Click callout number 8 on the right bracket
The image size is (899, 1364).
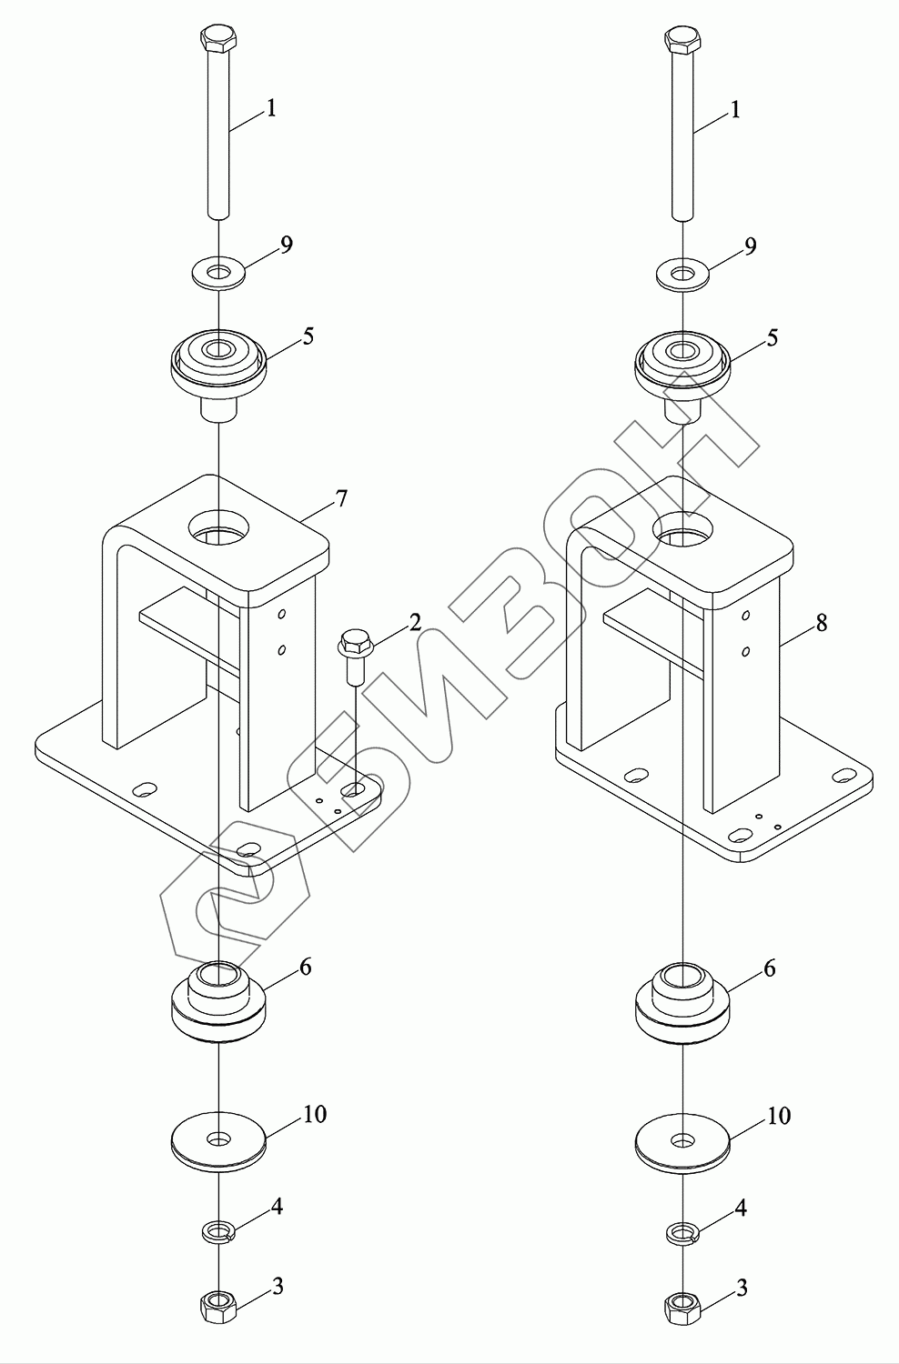click(x=822, y=624)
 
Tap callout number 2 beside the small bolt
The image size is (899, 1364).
click(x=414, y=623)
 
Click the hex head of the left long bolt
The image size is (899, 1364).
click(x=217, y=40)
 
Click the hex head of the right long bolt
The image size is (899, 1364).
click(x=682, y=40)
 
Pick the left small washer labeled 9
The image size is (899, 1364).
click(x=217, y=271)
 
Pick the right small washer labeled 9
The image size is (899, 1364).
click(x=682, y=273)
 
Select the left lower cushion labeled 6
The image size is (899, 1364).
click(x=218, y=1000)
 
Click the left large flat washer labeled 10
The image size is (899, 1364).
click(x=218, y=1138)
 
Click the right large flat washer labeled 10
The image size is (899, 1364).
click(x=682, y=1139)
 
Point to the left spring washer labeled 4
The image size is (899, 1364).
click(x=218, y=1232)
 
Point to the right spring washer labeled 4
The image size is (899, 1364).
click(x=682, y=1233)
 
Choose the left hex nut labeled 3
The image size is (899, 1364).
click(x=218, y=1308)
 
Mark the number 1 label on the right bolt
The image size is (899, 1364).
click(x=735, y=111)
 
